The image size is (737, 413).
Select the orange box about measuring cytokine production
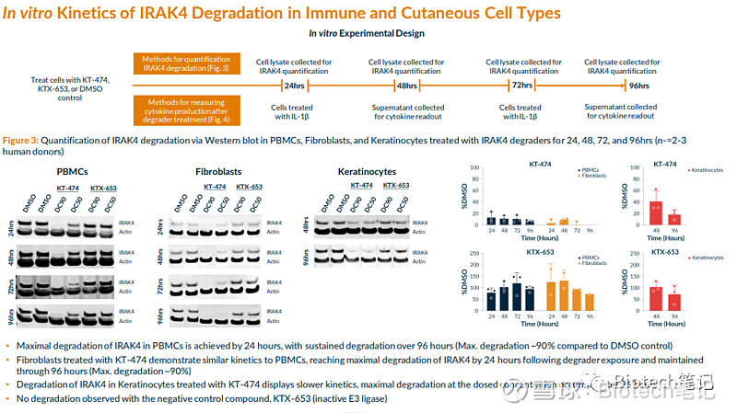pyautogui.click(x=187, y=108)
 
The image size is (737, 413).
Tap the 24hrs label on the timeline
pyautogui.click(x=295, y=86)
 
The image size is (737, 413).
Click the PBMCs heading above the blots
pyautogui.click(x=73, y=172)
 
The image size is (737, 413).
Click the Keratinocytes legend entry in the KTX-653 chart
pyautogui.click(x=708, y=260)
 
